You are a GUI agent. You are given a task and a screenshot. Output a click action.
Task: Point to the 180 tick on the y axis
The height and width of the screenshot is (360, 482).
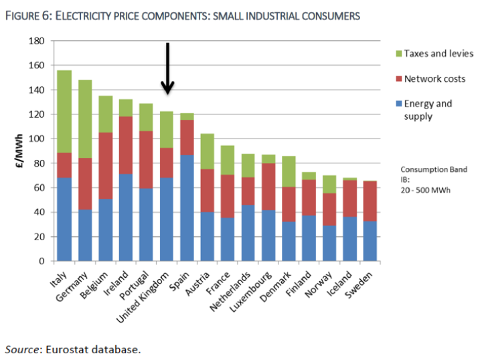[x=37, y=41]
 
